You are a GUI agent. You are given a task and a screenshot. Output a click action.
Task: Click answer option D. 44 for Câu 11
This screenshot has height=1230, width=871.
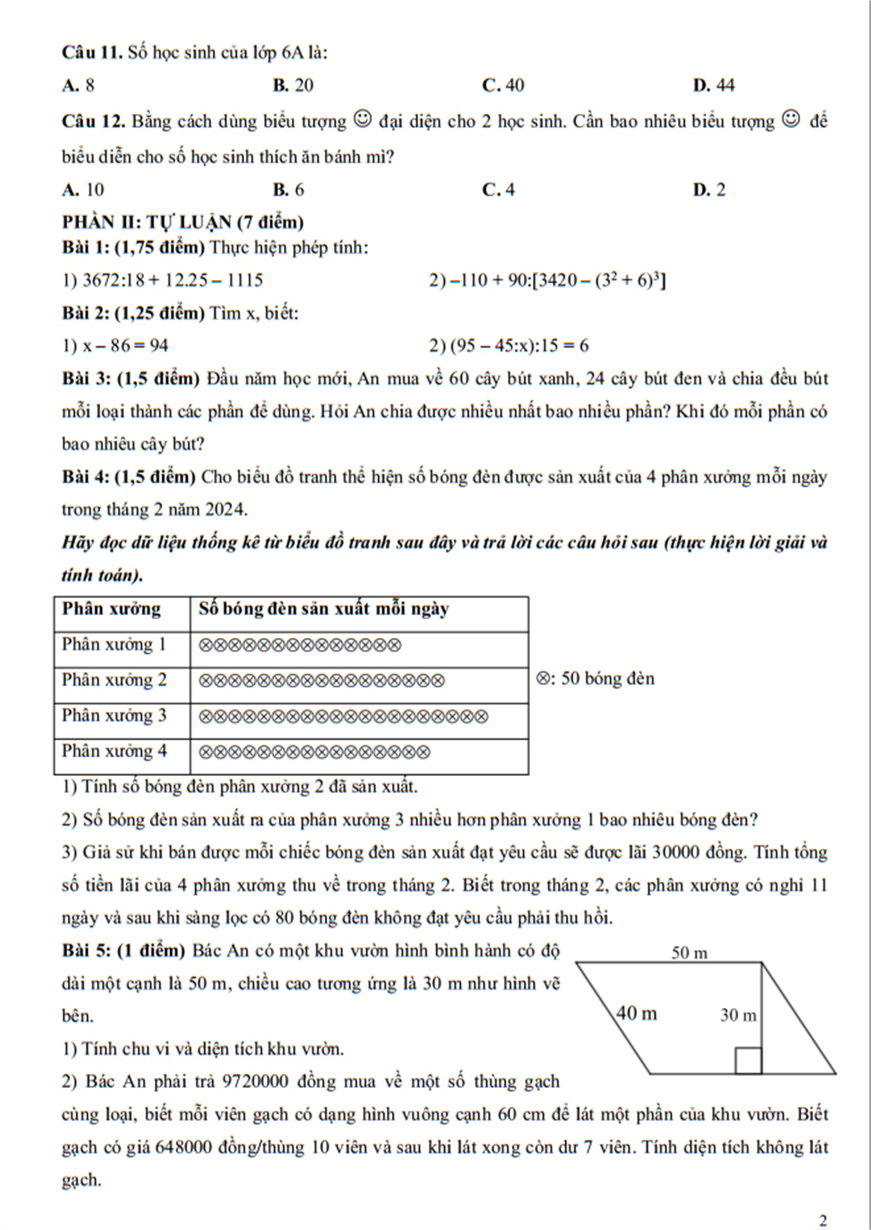click(714, 85)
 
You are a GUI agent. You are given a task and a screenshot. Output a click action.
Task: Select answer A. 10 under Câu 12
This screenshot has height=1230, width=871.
click(83, 190)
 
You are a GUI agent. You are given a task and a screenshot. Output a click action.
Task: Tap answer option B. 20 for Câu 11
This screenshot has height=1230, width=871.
click(293, 85)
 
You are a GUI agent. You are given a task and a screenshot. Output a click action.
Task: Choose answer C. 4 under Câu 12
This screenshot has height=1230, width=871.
click(498, 190)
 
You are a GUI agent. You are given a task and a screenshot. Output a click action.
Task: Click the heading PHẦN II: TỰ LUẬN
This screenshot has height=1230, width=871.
click(183, 223)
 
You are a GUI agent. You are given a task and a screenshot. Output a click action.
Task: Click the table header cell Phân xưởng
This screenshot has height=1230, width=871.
click(111, 609)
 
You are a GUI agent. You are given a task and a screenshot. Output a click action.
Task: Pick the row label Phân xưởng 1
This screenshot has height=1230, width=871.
click(114, 645)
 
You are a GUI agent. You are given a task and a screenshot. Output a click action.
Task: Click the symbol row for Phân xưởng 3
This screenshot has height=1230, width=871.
click(344, 716)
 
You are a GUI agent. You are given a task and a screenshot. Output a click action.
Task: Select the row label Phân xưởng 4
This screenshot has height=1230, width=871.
click(114, 751)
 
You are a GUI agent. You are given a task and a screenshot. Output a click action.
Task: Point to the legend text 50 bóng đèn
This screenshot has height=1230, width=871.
click(607, 679)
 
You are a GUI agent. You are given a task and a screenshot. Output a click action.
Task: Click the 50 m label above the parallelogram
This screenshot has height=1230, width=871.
click(689, 953)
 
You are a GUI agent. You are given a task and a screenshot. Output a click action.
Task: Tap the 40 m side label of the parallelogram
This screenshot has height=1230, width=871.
click(636, 1013)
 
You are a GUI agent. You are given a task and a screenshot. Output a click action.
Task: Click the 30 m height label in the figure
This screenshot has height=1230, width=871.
click(737, 1015)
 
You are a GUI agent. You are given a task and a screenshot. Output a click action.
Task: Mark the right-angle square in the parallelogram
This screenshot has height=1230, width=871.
click(748, 1061)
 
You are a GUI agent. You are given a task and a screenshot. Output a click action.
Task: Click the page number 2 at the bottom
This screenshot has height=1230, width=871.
click(823, 1221)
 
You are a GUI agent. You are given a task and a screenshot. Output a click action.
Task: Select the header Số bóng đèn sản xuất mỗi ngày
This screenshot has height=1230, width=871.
click(323, 609)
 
